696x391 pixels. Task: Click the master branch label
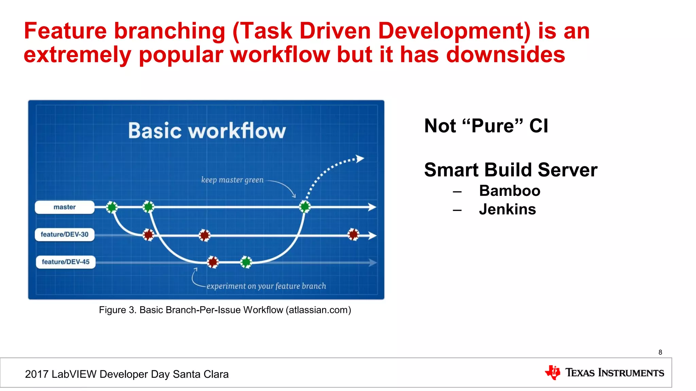pyautogui.click(x=65, y=207)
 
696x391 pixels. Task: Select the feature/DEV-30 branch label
pyautogui.click(x=65, y=235)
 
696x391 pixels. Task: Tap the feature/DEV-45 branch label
pyautogui.click(x=66, y=262)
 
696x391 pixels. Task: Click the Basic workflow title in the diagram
pyautogui.click(x=207, y=131)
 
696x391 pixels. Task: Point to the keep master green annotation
pyautogui.click(x=232, y=180)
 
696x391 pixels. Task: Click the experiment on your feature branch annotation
pyautogui.click(x=266, y=286)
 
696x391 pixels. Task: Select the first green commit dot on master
pyautogui.click(x=112, y=207)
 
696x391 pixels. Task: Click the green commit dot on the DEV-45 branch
pyautogui.click(x=246, y=262)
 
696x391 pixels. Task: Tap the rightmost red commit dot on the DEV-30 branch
pyautogui.click(x=353, y=234)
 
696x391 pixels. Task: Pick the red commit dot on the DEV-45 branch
pyautogui.click(x=213, y=262)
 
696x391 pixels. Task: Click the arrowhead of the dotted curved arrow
pyautogui.click(x=360, y=159)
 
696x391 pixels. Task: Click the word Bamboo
pyautogui.click(x=509, y=191)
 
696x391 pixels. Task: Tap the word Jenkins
pyautogui.click(x=507, y=209)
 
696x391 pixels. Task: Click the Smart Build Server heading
pyautogui.click(x=510, y=170)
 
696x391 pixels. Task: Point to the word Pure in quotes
pyautogui.click(x=493, y=126)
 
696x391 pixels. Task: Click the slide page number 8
pyautogui.click(x=660, y=352)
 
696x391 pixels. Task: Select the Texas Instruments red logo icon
pyautogui.click(x=553, y=372)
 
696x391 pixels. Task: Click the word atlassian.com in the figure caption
pyautogui.click(x=318, y=310)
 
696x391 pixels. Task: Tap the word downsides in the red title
pyautogui.click(x=505, y=55)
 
